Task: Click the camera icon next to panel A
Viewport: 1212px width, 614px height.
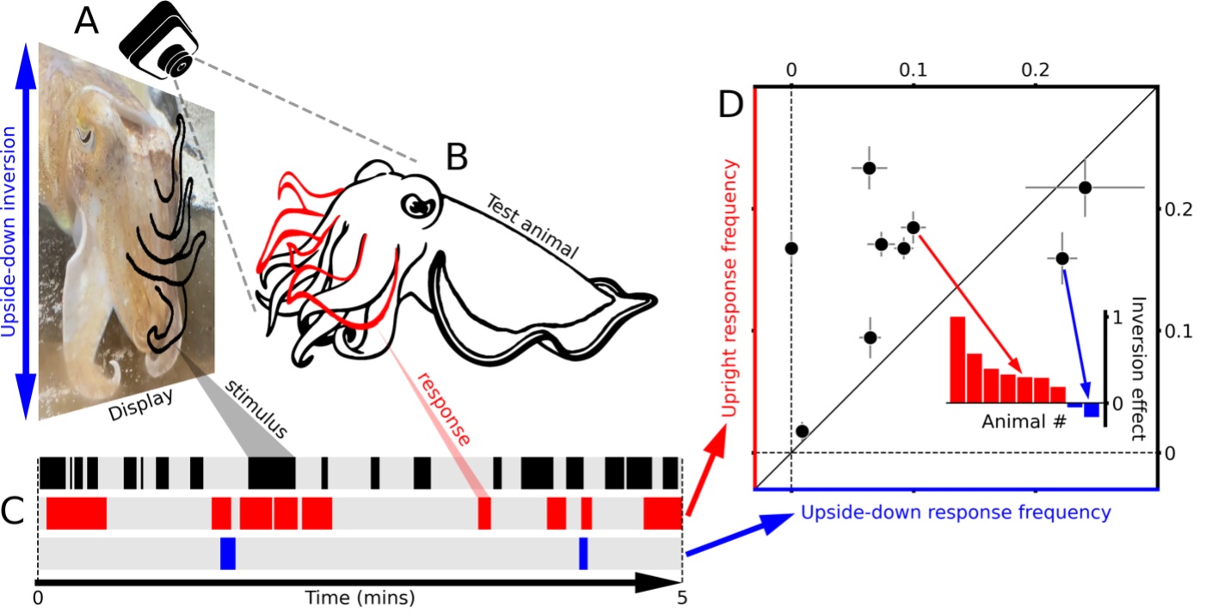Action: [160, 44]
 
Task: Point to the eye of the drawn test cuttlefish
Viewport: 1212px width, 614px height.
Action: [419, 206]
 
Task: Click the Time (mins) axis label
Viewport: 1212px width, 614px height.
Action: [348, 596]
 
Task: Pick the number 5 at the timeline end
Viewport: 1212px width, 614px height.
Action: [682, 596]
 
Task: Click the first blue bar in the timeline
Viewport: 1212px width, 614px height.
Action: [228, 553]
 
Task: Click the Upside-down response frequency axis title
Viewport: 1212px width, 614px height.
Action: [955, 513]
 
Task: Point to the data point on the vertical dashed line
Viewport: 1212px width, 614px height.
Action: [791, 248]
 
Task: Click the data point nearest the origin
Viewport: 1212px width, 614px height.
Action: [802, 430]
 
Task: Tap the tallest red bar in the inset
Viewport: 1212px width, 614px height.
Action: [957, 359]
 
